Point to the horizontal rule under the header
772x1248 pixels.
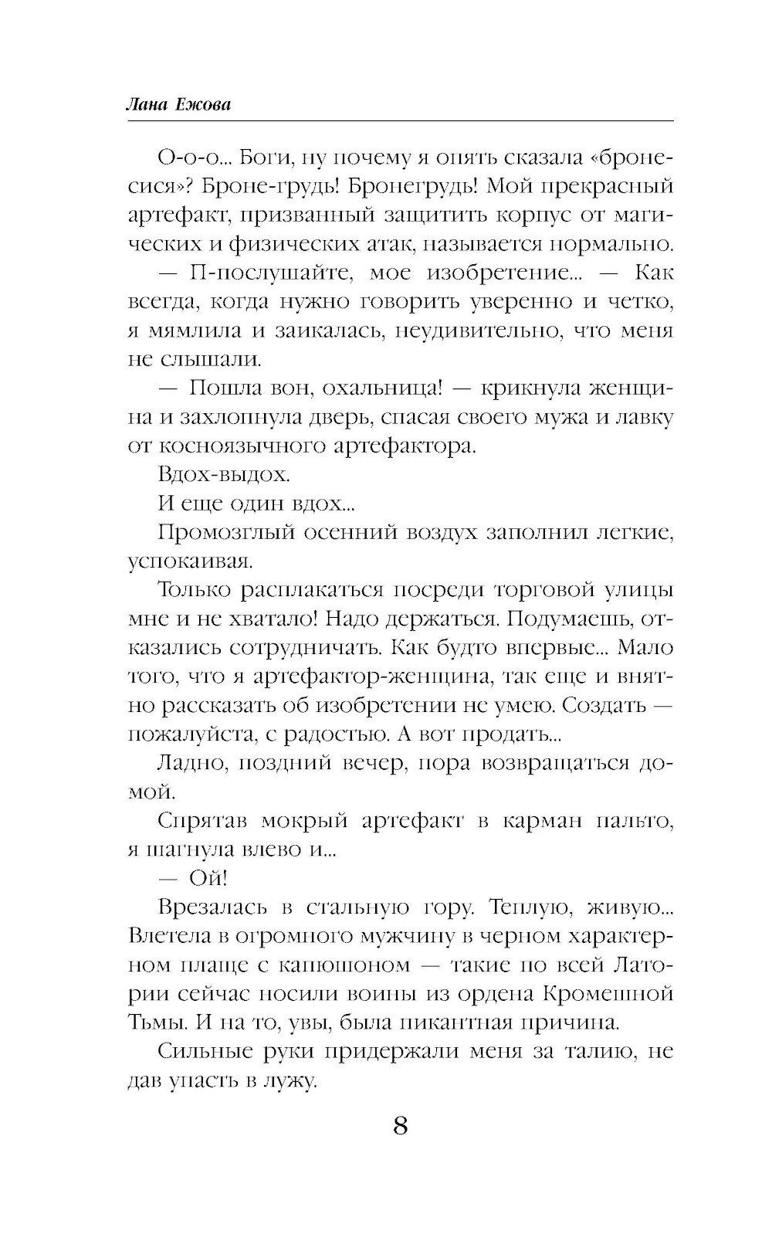click(x=400, y=120)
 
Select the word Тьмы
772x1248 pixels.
click(x=151, y=1022)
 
